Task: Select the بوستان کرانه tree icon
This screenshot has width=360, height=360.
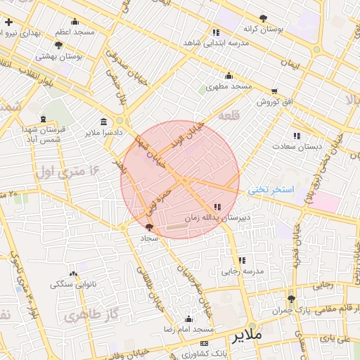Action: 263,18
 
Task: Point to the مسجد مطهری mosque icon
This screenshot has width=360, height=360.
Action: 228,76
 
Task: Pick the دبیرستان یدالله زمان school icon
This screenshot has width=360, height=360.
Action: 217,207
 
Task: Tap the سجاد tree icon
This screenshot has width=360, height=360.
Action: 148,227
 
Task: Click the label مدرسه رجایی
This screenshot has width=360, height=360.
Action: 242,271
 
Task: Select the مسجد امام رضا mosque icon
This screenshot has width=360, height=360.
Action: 188,319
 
